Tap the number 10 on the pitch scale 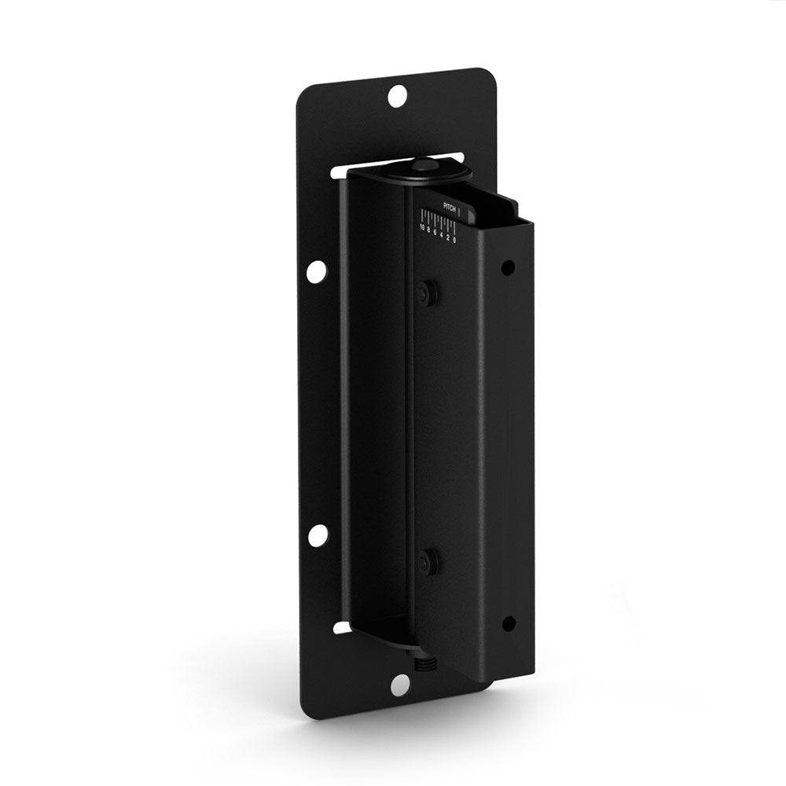[x=422, y=228]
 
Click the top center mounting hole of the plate [x=398, y=97]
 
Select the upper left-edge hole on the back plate [x=317, y=271]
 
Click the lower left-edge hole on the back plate [x=318, y=535]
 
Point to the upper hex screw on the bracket [x=428, y=292]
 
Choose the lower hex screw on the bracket [x=428, y=561]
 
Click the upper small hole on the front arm [x=509, y=268]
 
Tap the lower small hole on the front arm [x=509, y=624]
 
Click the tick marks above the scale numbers [x=439, y=217]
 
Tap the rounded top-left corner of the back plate [x=305, y=93]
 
